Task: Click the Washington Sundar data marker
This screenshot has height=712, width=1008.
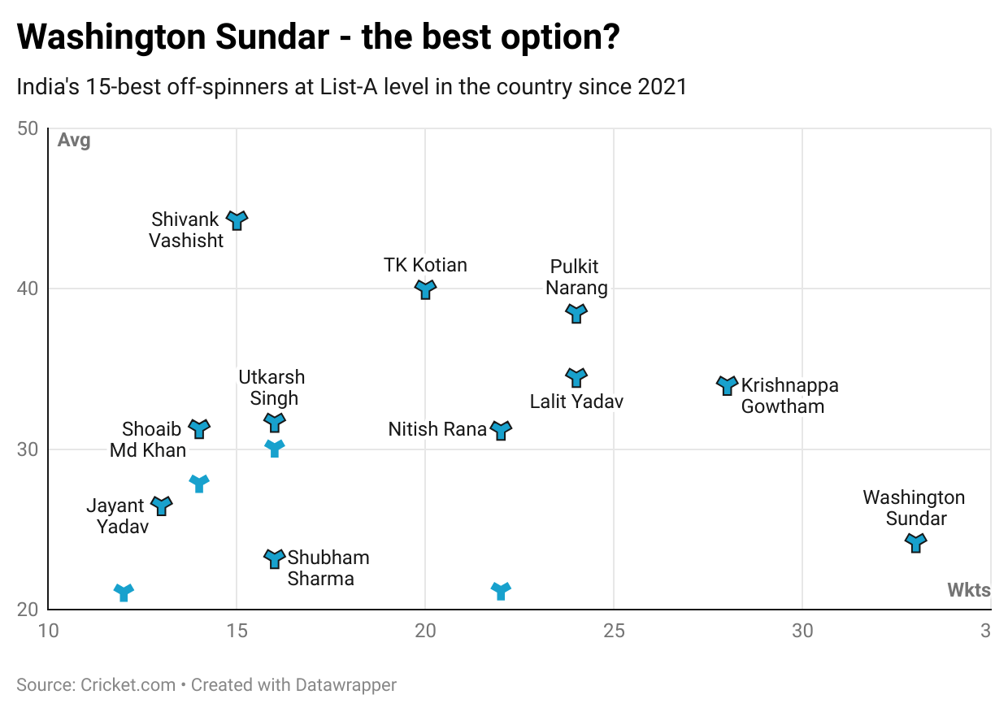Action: (915, 543)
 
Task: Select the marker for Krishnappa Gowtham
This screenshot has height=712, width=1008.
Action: (727, 385)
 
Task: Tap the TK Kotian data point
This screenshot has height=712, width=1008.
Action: (425, 289)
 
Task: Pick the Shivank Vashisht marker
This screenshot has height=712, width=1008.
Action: (237, 220)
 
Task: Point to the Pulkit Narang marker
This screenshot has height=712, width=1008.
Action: (576, 314)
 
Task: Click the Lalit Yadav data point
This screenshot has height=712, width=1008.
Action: (576, 378)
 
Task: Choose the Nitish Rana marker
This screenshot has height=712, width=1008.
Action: (501, 430)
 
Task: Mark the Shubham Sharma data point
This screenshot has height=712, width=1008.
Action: (275, 558)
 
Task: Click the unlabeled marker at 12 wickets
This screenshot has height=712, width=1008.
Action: (124, 593)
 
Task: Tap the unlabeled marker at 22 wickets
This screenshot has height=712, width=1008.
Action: (501, 591)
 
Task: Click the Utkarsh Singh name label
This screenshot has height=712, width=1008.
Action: (272, 388)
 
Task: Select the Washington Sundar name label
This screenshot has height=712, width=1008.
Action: (915, 508)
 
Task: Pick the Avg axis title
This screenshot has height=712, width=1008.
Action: (74, 141)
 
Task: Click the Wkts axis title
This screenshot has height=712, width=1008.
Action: (968, 591)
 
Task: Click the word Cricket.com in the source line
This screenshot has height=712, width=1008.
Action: (128, 685)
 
